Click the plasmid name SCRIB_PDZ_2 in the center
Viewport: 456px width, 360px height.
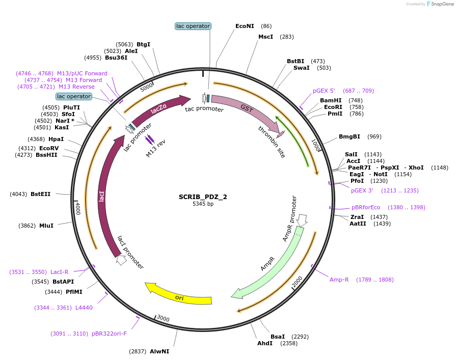pos(203,197)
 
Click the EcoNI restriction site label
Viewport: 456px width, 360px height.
pos(245,26)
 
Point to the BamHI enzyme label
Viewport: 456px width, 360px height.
pos(331,100)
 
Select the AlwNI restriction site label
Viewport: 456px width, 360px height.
pos(159,351)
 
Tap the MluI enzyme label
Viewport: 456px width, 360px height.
pos(46,226)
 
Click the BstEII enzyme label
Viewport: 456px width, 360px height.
pos(41,194)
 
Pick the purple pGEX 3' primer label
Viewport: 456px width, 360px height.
pos(362,190)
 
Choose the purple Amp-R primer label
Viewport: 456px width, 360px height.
pos(339,280)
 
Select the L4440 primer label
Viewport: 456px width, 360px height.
pos(84,308)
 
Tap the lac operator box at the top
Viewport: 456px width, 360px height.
pos(193,26)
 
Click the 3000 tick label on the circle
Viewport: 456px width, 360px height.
pos(163,318)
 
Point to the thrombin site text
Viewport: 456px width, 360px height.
pos(272,142)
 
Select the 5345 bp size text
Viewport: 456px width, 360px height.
pos(203,204)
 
